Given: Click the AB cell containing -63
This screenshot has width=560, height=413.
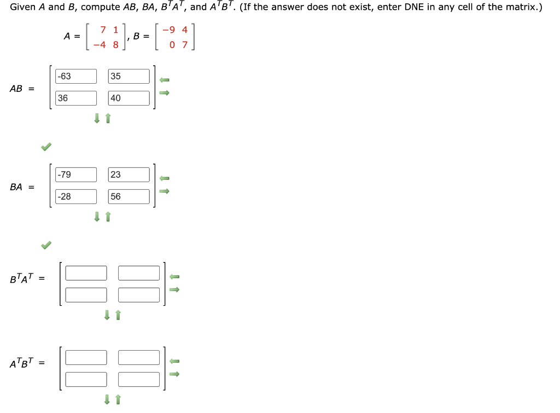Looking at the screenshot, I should (76, 76).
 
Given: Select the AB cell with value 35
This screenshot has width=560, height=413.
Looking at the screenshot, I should (129, 76).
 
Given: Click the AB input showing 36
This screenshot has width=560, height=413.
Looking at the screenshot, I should (76, 98).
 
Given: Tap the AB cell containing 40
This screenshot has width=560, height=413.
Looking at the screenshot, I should (129, 98).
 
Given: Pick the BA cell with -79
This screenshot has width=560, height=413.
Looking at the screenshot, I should (76, 174).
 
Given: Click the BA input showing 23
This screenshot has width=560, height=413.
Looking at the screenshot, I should (129, 174).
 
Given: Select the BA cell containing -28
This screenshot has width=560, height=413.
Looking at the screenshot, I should (76, 196).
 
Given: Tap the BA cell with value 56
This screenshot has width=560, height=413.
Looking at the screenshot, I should (129, 196).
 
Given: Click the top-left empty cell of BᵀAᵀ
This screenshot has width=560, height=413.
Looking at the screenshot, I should (86, 272).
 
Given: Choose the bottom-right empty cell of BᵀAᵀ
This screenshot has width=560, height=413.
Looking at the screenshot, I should (139, 295).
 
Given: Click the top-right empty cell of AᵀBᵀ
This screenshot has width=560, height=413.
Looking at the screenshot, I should (139, 357).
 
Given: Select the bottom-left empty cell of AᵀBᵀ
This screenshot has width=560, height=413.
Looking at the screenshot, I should (86, 379).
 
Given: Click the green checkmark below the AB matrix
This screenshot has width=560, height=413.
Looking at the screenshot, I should (46, 147).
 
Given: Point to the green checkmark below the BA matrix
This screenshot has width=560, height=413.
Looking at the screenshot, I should (46, 245).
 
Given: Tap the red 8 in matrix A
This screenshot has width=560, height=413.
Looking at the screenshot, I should (115, 45).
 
